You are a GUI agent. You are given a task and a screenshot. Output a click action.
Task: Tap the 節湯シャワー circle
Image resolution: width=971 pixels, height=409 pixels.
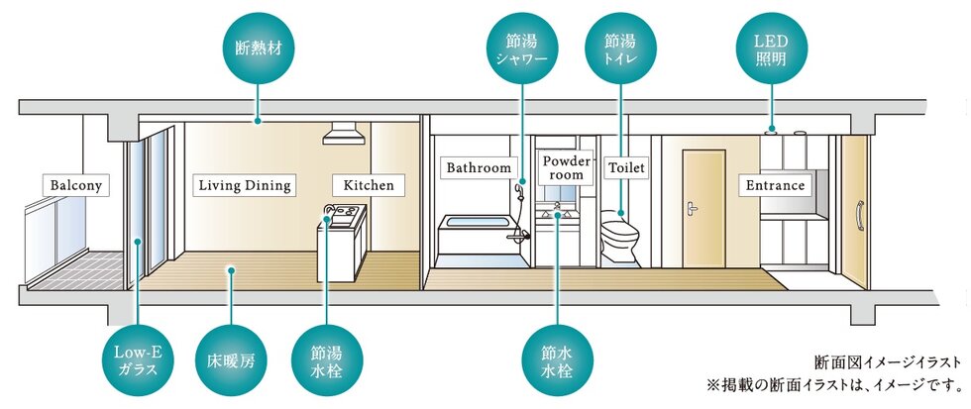click(521, 46)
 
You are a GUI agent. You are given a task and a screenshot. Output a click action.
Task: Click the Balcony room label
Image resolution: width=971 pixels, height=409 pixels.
click(76, 184)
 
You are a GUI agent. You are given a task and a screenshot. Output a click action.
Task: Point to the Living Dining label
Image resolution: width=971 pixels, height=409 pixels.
click(244, 184)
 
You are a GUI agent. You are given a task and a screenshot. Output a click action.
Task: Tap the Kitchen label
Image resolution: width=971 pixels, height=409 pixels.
click(369, 184)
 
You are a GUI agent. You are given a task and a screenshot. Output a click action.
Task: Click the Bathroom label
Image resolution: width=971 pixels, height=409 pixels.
click(478, 167)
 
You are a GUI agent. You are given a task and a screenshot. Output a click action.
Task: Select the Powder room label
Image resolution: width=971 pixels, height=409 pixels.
click(566, 167)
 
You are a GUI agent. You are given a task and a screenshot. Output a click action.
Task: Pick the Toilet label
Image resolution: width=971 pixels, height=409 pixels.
click(626, 167)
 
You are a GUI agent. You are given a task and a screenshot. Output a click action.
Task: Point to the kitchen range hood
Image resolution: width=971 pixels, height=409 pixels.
click(343, 134)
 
